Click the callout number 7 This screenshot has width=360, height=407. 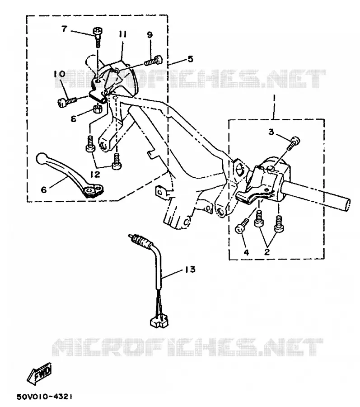click(x=64, y=29)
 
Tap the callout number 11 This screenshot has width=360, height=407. click(x=122, y=34)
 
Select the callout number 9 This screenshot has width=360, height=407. click(x=150, y=35)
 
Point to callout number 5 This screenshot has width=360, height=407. click(x=191, y=59)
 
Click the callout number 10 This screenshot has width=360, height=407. click(x=60, y=74)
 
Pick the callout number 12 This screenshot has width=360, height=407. click(x=95, y=174)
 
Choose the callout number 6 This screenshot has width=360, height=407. click(x=44, y=190)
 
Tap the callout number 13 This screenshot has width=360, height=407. click(x=190, y=270)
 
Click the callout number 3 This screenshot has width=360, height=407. click(x=271, y=132)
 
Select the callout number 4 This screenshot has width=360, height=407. click(x=246, y=252)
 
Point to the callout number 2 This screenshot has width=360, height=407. click(x=267, y=251)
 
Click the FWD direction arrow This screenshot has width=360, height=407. click(x=39, y=374)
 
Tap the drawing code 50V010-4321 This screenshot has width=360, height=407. click(x=45, y=397)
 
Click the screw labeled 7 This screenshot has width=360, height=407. click(x=98, y=37)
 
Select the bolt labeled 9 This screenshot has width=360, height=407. click(x=154, y=61)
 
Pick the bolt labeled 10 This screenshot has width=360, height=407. click(x=66, y=101)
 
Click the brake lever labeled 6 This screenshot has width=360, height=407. click(x=70, y=175)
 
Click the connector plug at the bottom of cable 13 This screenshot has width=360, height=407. click(x=159, y=322)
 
